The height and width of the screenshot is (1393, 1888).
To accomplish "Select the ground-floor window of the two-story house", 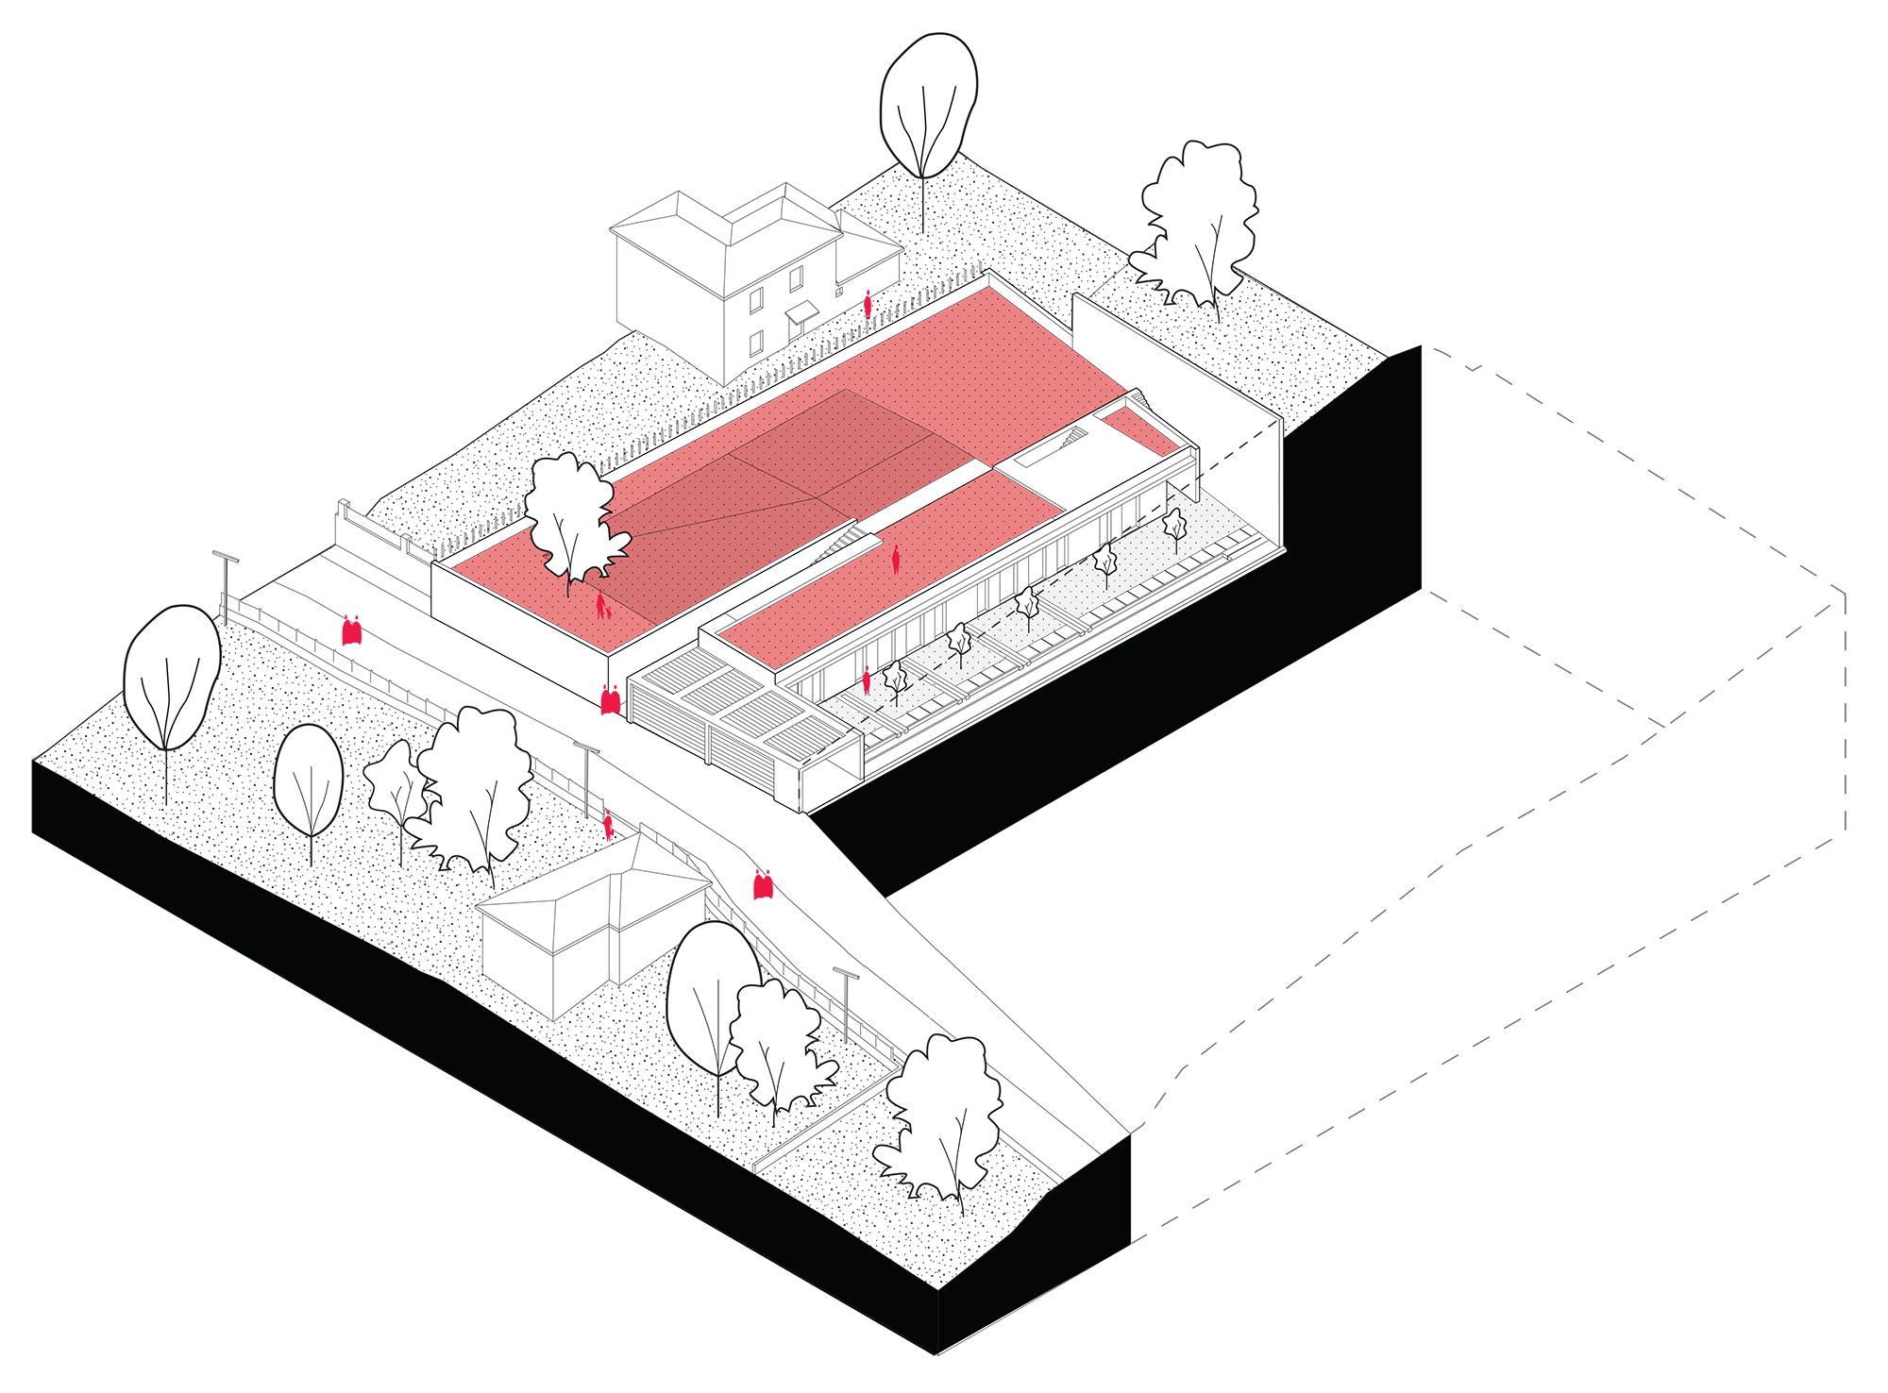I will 755,344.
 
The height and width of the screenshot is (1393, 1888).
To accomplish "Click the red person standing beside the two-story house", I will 868,304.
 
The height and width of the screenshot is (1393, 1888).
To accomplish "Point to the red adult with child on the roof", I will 601,605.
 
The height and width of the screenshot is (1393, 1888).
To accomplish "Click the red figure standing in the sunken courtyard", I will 867,680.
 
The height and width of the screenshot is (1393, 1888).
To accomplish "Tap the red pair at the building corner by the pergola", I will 611,699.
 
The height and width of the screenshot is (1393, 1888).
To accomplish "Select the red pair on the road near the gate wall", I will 352,630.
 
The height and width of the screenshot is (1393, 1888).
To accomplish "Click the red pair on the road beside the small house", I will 764,884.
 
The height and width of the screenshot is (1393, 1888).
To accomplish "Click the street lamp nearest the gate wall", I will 226,585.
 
